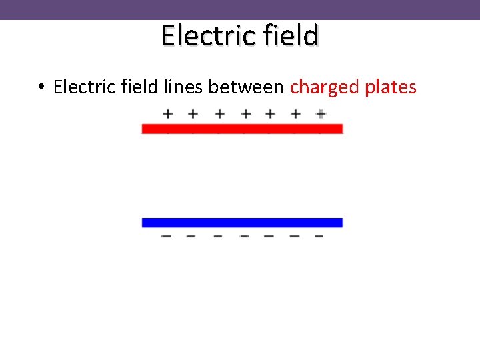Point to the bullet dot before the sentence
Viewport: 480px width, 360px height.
coord(41,87)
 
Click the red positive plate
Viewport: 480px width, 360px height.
coord(242,128)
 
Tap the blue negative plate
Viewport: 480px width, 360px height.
coord(242,223)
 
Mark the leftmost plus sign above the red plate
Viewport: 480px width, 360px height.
coord(168,114)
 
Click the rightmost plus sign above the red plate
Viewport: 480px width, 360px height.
coord(321,114)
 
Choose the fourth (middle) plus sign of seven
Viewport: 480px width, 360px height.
coord(246,114)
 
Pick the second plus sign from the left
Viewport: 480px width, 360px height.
coord(193,114)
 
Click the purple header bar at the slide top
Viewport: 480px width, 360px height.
coord(240,9)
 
